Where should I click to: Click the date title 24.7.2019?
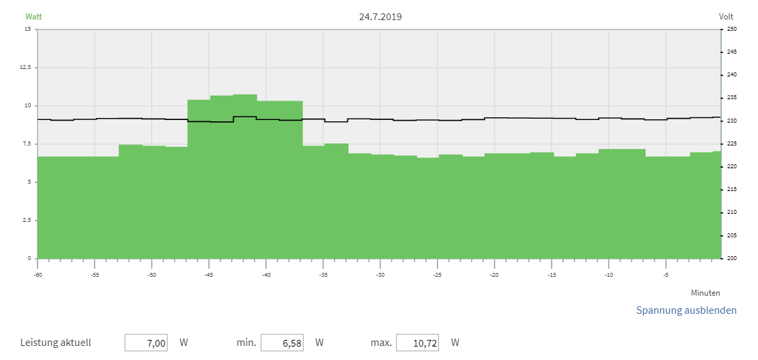click(x=380, y=17)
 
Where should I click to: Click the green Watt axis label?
click(x=34, y=17)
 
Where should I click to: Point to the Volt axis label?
click(x=726, y=17)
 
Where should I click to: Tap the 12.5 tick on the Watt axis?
click(x=26, y=68)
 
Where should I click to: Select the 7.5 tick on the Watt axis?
click(x=27, y=144)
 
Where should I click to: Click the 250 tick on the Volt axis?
click(x=731, y=29)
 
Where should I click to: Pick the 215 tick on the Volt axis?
click(x=731, y=190)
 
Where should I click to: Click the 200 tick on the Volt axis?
click(x=731, y=259)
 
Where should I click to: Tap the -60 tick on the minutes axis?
click(x=38, y=275)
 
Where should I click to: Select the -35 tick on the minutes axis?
click(x=323, y=275)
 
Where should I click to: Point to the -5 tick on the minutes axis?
click(x=666, y=275)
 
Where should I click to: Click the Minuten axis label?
click(x=706, y=293)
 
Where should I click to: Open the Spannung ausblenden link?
click(x=686, y=310)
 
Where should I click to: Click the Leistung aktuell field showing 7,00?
click(x=146, y=343)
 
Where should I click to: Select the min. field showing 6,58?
click(x=282, y=343)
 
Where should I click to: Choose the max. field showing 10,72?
click(x=418, y=343)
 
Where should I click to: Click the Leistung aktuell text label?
click(x=56, y=343)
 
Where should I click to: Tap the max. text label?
click(x=381, y=343)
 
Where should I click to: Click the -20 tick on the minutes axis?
click(x=494, y=275)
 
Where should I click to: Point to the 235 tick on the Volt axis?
click(x=731, y=98)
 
